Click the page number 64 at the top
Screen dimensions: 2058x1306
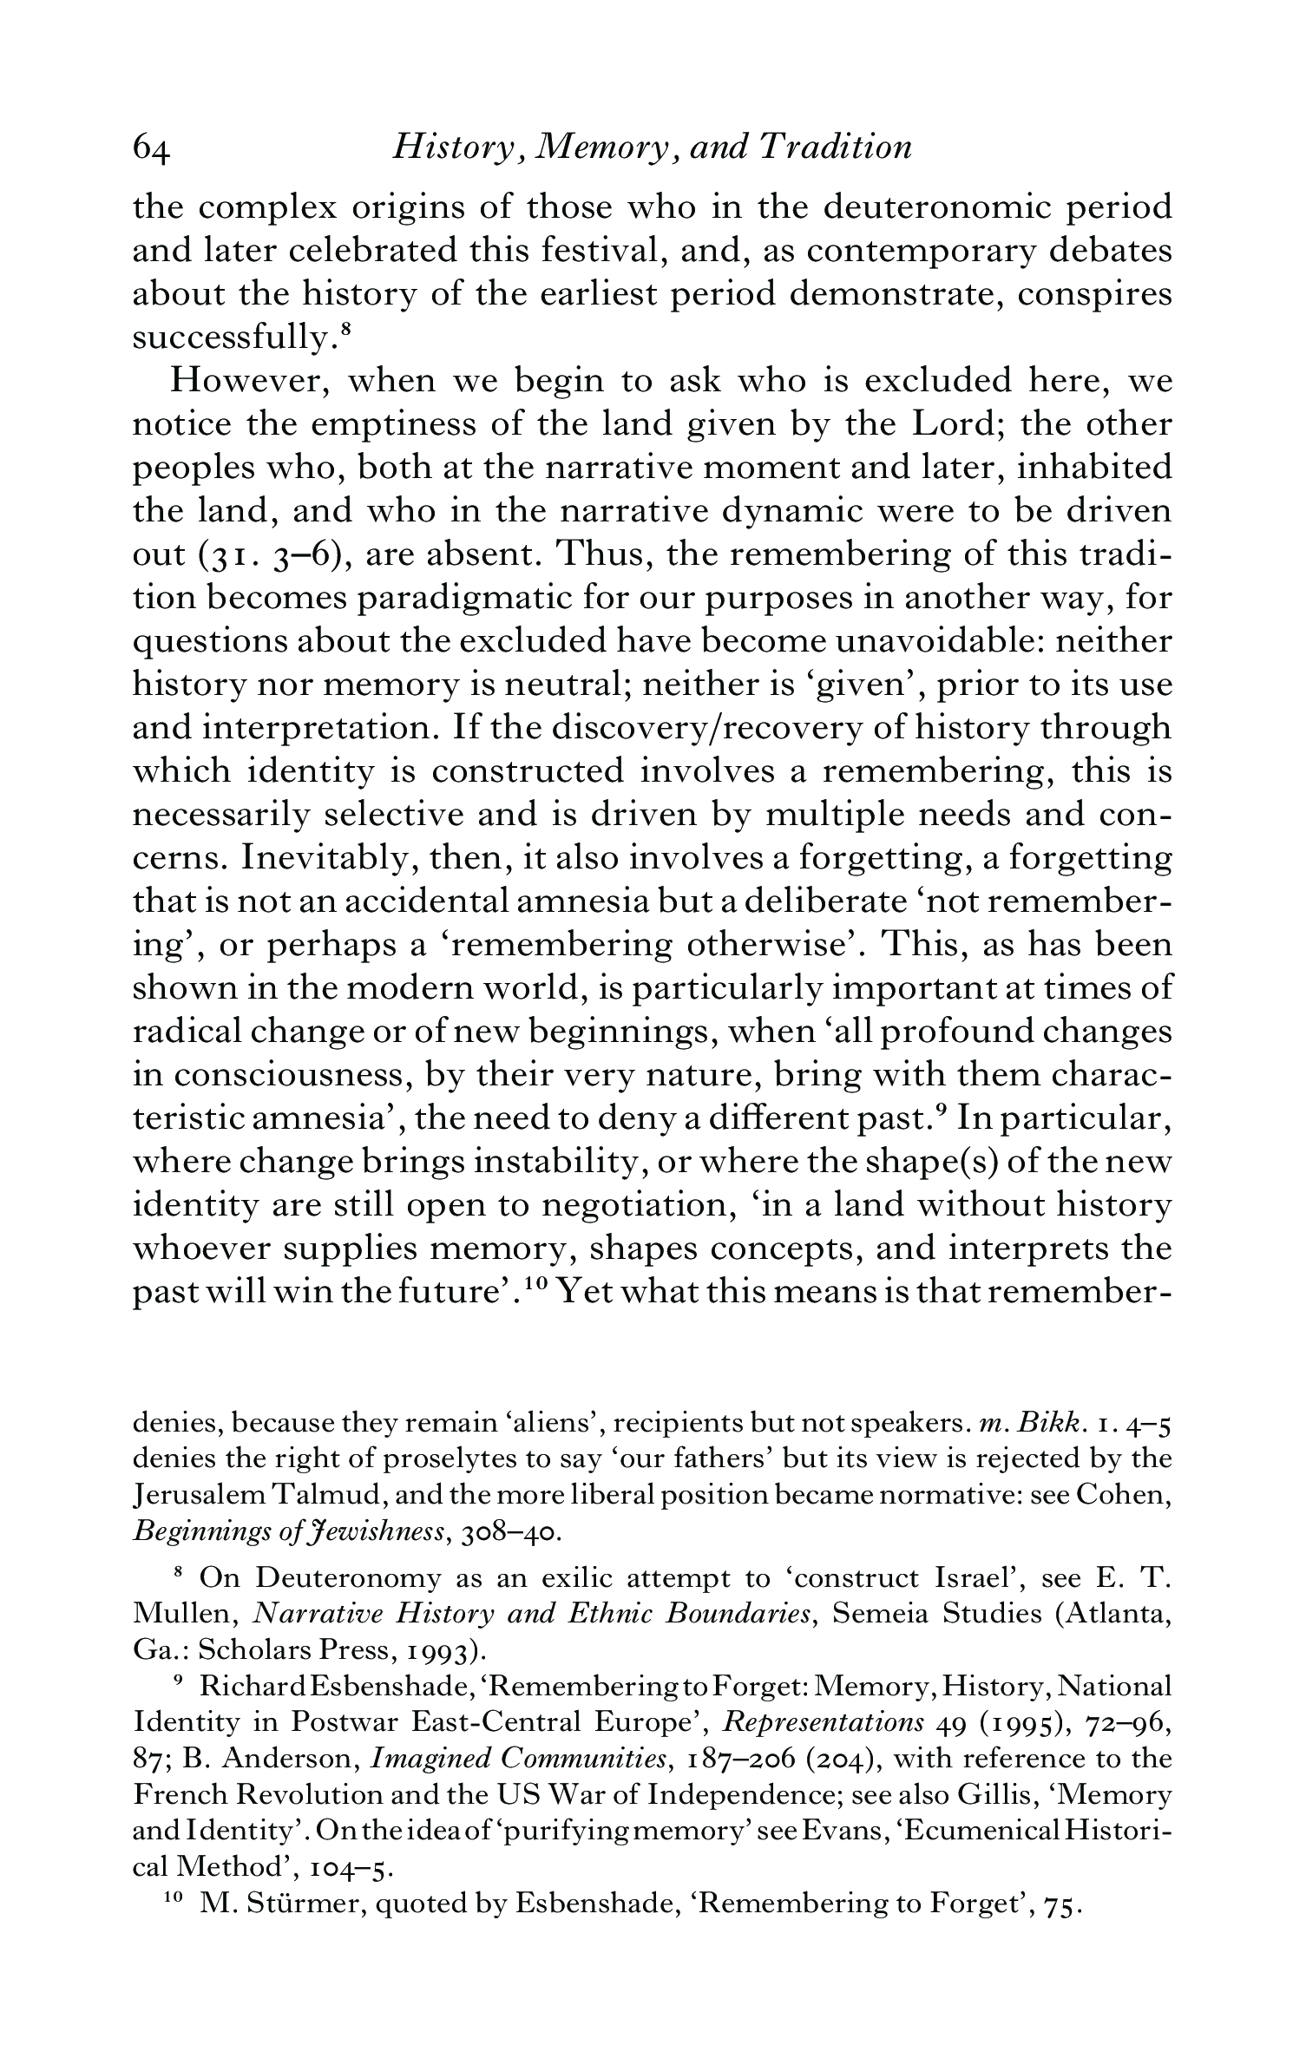(153, 149)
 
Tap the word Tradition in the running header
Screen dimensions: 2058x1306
(835, 147)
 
